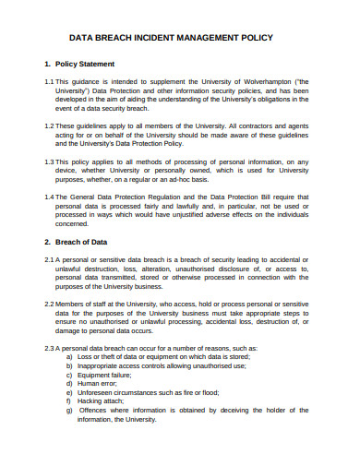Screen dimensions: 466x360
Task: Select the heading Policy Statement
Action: pos(86,65)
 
